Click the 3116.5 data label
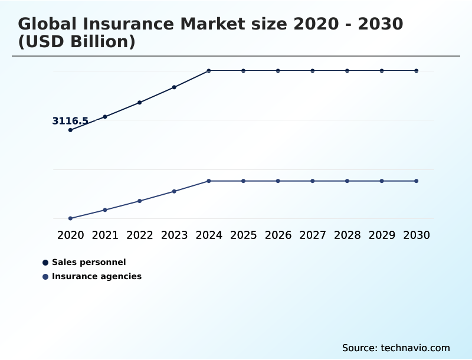click(70, 121)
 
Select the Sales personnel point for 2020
click(70, 130)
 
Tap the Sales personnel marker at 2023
click(174, 87)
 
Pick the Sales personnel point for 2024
click(209, 71)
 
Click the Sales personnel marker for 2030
click(416, 71)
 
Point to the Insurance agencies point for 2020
click(70, 218)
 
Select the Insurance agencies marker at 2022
click(140, 201)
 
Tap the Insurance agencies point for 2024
click(209, 181)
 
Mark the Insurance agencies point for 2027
click(313, 181)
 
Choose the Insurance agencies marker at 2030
click(416, 181)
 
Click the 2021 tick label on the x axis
click(105, 235)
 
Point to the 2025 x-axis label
click(243, 235)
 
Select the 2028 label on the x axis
click(347, 235)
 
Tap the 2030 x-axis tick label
click(416, 235)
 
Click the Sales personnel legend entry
click(88, 262)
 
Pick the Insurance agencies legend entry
click(96, 276)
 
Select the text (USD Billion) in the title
click(77, 42)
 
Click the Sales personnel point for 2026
click(278, 71)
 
